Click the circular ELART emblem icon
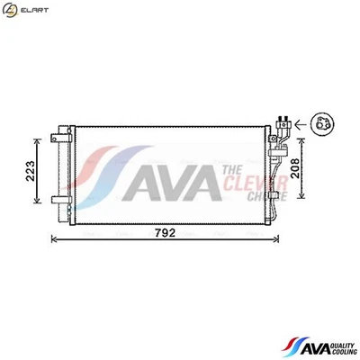click(9, 9)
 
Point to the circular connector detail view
click(320, 126)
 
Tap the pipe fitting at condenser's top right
click(283, 127)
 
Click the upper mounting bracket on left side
click(61, 137)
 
